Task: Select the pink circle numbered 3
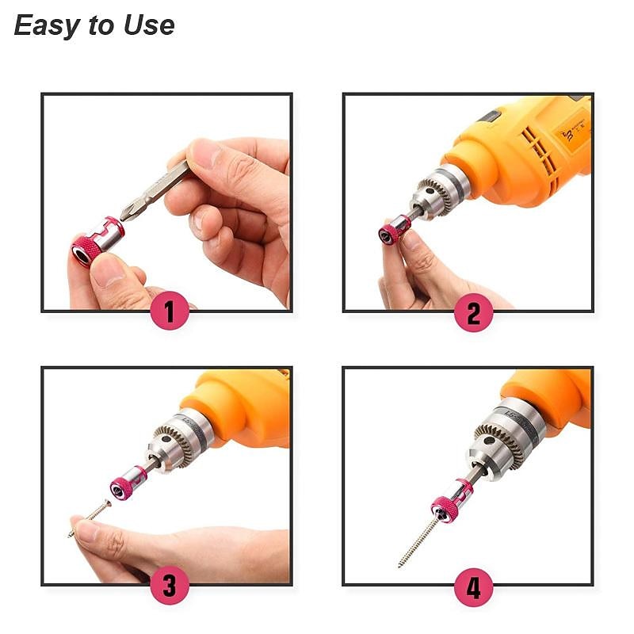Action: pos(170,586)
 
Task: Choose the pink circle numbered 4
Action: pos(473,587)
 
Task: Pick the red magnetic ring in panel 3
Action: pos(124,485)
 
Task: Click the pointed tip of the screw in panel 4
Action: pos(400,565)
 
